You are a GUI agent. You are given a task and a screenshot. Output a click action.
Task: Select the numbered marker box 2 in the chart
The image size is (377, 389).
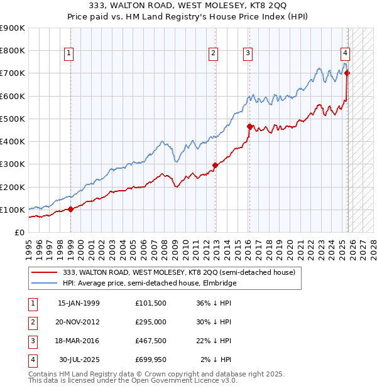214,53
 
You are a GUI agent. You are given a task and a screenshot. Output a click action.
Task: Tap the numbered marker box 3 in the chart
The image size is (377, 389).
248,53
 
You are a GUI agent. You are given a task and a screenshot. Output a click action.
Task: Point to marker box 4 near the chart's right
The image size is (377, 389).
346,53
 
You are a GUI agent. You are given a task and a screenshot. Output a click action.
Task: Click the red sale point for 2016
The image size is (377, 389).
249,126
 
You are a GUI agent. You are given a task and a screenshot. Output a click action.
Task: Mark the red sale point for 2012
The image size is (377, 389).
215,166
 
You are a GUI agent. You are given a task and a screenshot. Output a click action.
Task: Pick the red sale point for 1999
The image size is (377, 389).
70,210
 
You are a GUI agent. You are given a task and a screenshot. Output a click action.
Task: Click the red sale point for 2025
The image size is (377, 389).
347,73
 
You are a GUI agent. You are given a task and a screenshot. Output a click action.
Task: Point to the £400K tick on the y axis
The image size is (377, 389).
13,141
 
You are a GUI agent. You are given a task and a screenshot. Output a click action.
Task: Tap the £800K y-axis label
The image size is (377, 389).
13,50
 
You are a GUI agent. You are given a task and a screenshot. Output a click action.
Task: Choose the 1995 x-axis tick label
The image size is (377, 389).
28,244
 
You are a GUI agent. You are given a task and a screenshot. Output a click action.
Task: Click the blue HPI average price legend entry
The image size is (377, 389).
149,283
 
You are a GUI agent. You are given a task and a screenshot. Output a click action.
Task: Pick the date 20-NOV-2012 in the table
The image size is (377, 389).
79,321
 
